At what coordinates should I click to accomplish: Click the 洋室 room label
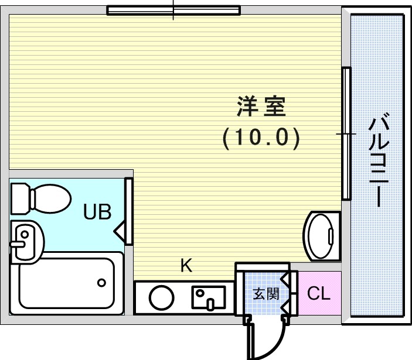click(261, 107)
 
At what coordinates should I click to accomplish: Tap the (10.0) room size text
click(261, 138)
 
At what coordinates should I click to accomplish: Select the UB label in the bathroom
click(97, 211)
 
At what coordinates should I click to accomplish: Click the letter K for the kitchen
click(186, 266)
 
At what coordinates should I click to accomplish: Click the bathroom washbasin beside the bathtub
click(26, 240)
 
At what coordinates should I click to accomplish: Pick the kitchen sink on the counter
click(208, 297)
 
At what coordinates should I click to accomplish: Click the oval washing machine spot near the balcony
click(322, 236)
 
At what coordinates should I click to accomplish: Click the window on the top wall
click(173, 10)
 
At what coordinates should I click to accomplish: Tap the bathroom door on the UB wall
click(128, 211)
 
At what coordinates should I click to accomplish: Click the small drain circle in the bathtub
click(102, 283)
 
